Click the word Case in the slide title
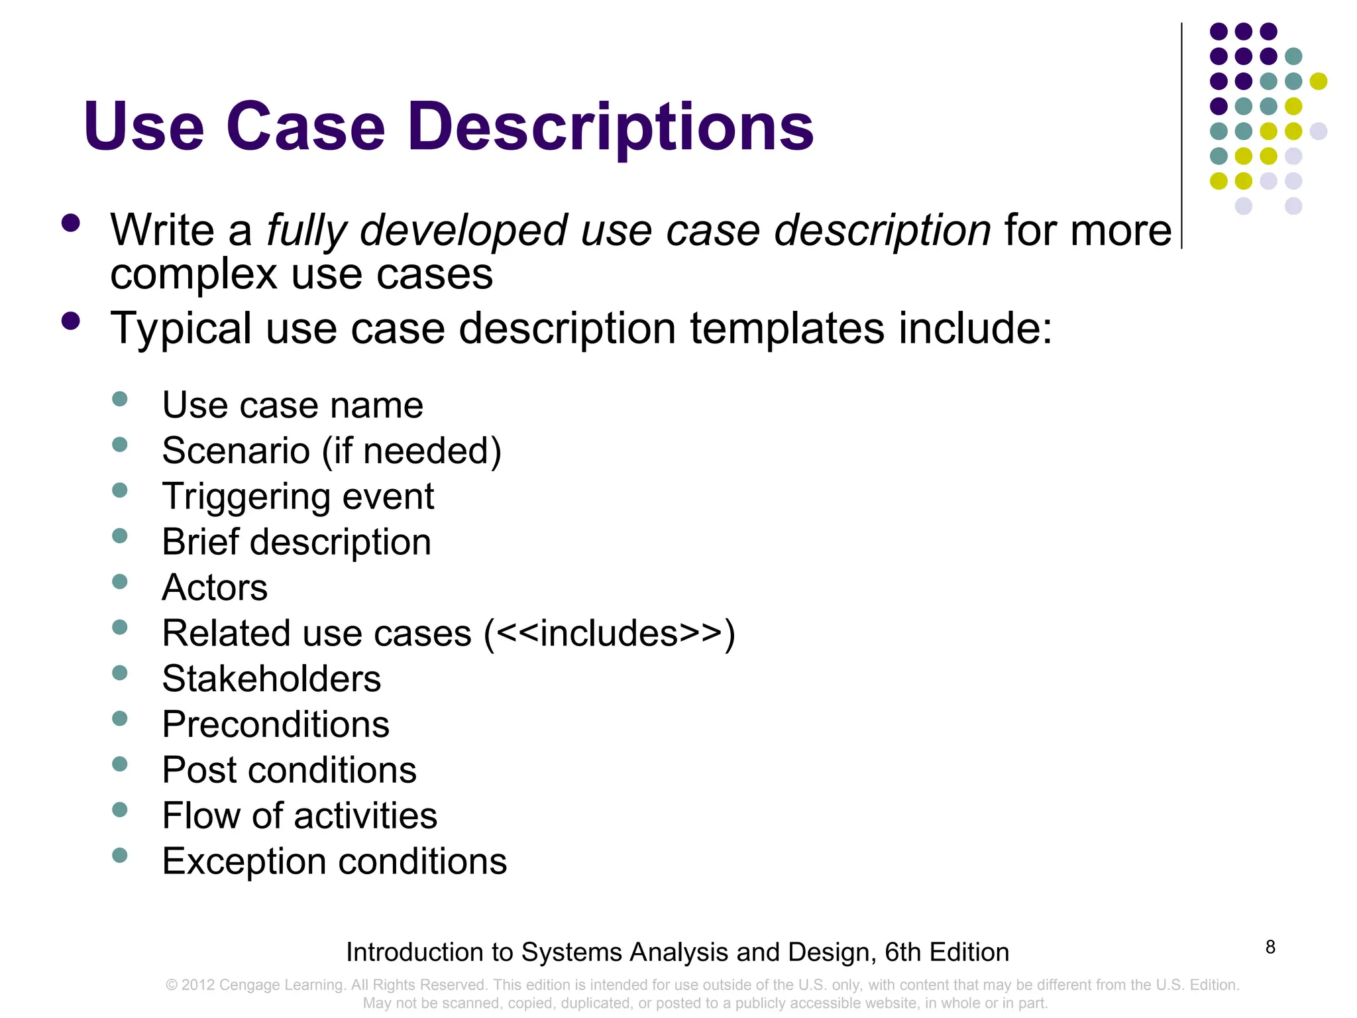point(305,127)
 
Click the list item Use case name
point(292,405)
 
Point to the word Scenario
point(236,451)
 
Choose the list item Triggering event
point(298,496)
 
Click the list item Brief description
point(296,542)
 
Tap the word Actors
point(215,588)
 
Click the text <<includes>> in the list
point(609,634)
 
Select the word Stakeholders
point(272,679)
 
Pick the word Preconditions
point(276,724)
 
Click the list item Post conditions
point(290,770)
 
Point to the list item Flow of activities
point(299,816)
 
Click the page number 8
point(1270,947)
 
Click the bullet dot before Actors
point(120,582)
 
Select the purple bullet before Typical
point(70,321)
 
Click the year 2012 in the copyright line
point(198,985)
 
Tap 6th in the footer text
point(902,952)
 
